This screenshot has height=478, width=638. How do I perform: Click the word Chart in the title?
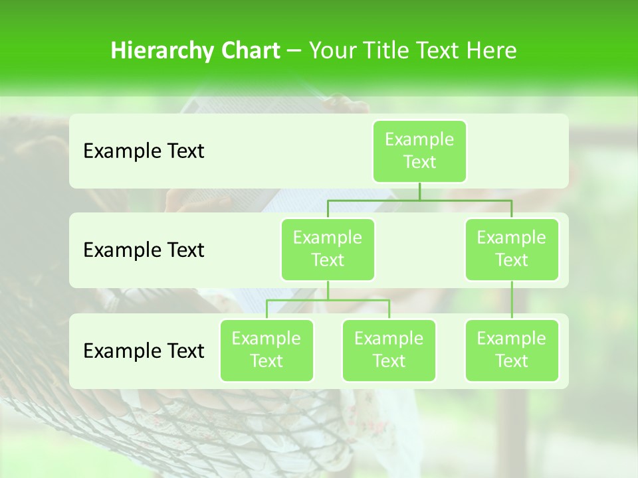tap(248, 51)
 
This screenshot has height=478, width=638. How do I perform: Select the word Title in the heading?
tap(394, 51)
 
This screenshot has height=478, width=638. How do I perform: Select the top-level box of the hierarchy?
tap(419, 151)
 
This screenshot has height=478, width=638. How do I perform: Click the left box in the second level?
tap(328, 249)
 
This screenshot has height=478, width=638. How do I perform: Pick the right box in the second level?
tap(512, 249)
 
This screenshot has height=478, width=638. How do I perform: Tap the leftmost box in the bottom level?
tap(266, 350)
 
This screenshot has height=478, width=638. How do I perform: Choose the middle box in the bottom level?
tap(389, 350)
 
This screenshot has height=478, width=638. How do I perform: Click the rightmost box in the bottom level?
tap(512, 350)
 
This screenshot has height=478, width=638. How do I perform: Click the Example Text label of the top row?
tap(144, 151)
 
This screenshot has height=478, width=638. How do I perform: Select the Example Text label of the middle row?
tap(144, 250)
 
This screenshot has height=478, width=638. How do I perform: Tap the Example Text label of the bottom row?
tap(144, 351)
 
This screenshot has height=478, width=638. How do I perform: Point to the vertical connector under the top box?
tap(419, 191)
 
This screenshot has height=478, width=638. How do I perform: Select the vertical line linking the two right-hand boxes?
tap(512, 300)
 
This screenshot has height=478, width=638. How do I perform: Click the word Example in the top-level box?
tap(419, 139)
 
